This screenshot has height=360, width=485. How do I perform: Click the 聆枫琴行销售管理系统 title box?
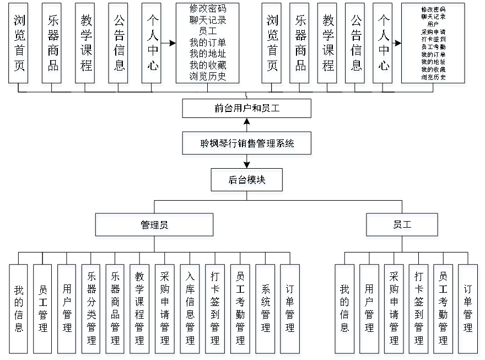247,145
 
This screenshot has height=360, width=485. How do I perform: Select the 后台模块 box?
247,182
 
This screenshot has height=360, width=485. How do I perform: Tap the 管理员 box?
155,227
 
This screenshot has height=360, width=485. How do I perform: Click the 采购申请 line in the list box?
434,32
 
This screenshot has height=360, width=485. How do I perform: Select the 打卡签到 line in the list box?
434,40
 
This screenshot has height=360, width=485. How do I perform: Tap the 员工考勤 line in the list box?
434,47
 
